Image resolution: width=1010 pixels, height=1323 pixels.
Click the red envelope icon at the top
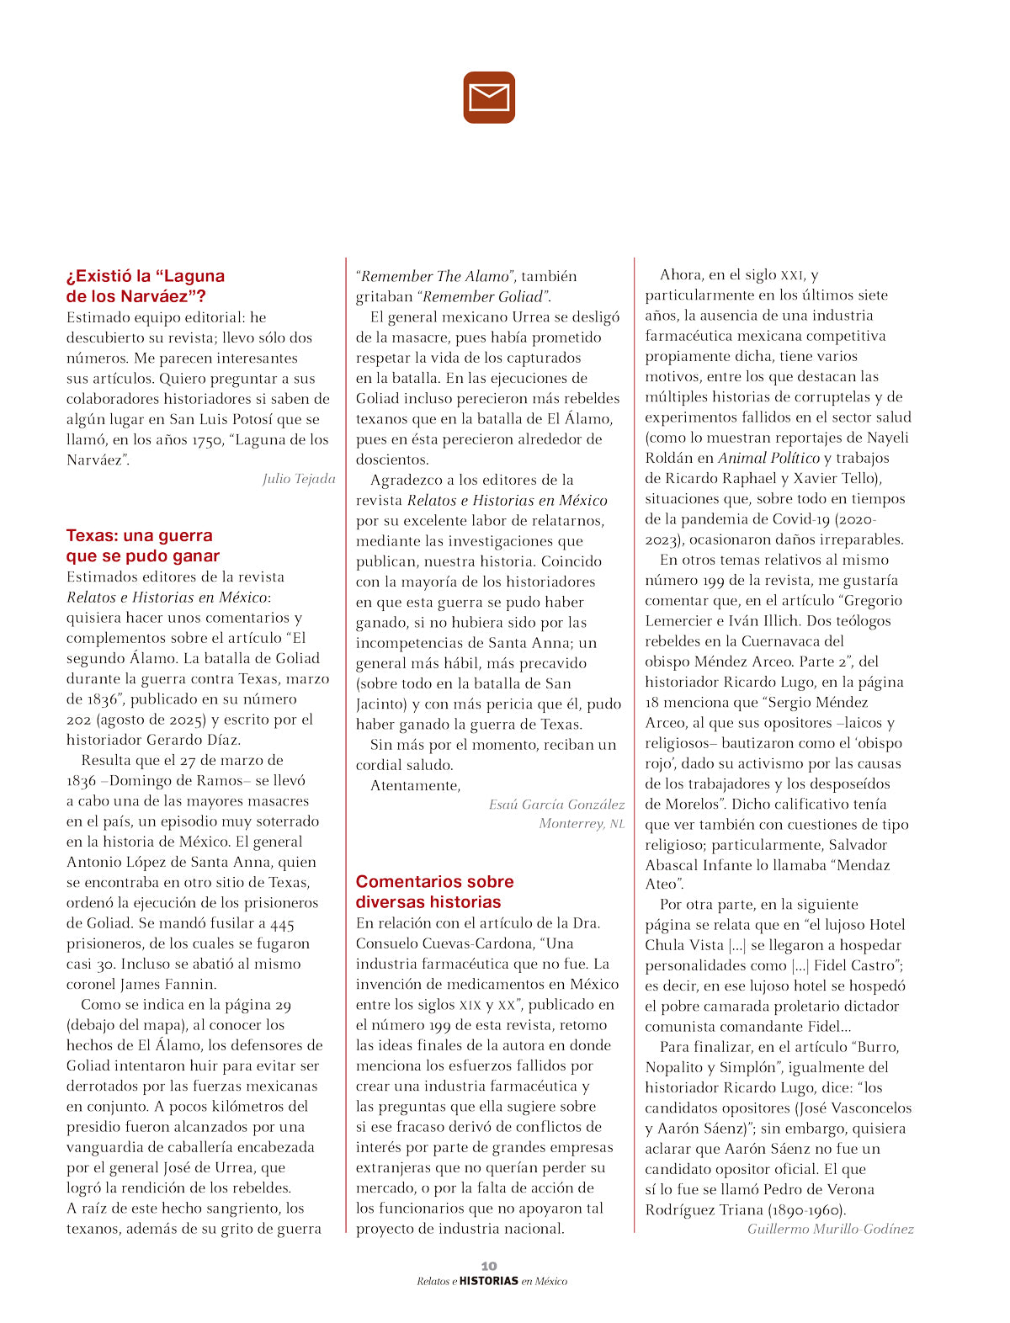click(x=489, y=98)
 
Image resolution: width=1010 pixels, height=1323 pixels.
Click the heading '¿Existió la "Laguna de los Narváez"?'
click(x=146, y=286)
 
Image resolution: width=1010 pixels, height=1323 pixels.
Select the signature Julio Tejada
click(x=299, y=479)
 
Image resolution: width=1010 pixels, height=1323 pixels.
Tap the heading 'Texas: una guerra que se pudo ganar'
click(x=143, y=545)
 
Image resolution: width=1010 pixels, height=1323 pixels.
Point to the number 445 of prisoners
click(x=283, y=923)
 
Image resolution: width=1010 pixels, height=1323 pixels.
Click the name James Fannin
click(x=168, y=984)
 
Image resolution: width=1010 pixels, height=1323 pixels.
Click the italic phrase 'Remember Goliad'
click(x=483, y=296)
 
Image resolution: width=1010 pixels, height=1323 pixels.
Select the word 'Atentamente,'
click(x=416, y=785)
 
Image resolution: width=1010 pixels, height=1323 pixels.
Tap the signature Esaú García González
click(x=556, y=805)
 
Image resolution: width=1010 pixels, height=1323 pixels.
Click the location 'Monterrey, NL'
click(x=582, y=823)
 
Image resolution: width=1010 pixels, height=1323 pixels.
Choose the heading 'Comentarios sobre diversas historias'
click(x=434, y=891)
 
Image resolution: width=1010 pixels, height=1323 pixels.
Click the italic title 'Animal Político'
click(x=768, y=458)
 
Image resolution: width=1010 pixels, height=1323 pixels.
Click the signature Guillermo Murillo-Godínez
click(x=830, y=1229)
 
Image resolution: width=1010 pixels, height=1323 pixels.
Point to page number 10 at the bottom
click(x=489, y=1266)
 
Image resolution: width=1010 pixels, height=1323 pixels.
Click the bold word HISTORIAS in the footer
click(x=489, y=1281)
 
